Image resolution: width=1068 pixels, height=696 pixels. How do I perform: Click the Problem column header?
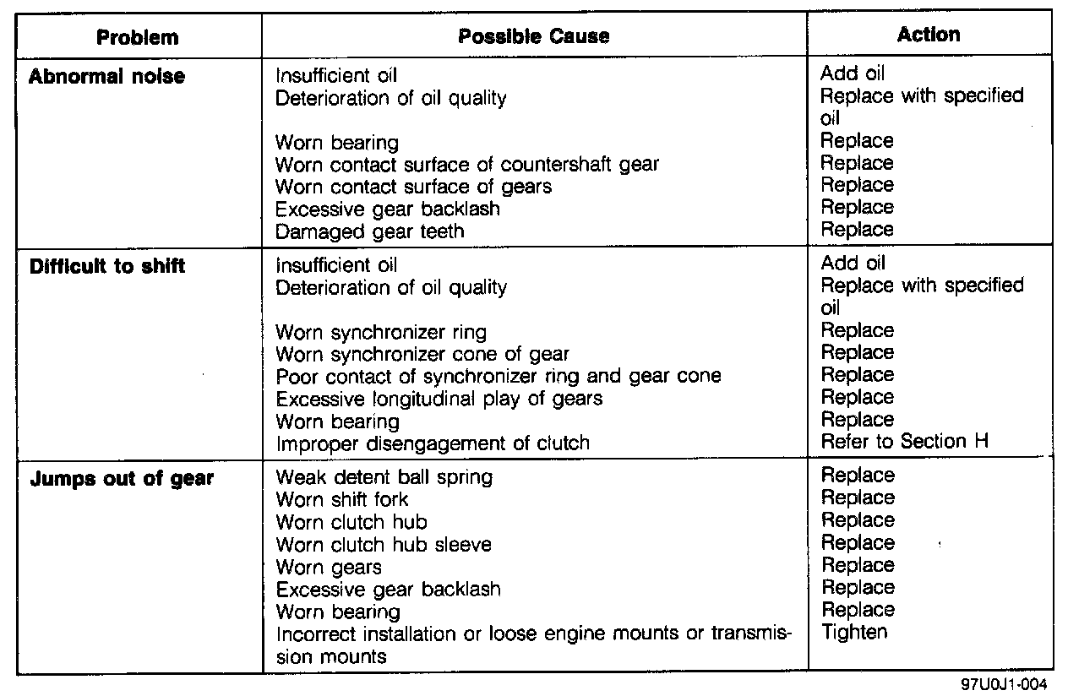coord(137,37)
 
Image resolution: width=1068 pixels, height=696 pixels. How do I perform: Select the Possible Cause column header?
coord(533,36)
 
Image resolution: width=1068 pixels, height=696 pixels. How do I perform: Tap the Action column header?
coord(929,35)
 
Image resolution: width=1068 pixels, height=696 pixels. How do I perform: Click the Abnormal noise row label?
coord(106,77)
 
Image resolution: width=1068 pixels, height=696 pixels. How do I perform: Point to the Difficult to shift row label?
coord(107,267)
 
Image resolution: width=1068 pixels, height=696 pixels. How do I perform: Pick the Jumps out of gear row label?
coord(122,479)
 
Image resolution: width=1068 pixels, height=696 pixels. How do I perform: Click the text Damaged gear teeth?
coord(370,231)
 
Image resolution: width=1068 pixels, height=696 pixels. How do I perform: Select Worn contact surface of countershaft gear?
coord(467,164)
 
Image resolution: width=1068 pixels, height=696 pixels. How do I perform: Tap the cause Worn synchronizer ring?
coord(381,332)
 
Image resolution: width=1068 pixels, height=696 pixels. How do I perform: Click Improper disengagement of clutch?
coord(433,443)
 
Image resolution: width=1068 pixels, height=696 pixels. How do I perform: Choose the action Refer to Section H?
coord(905,441)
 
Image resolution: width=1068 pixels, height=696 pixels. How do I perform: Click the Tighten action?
coord(854,631)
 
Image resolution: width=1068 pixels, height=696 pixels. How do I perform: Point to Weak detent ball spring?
coord(384,477)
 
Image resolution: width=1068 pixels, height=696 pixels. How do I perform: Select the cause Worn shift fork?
coord(342,499)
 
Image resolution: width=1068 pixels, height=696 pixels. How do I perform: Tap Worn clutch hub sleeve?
coord(384,545)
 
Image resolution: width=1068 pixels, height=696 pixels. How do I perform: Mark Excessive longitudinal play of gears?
coord(439,398)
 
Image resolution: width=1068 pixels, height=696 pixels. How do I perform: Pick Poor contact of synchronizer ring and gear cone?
coord(499,376)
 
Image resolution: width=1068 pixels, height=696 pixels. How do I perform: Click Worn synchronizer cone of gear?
coord(422,354)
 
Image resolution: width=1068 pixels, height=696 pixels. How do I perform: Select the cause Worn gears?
coord(329,567)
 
